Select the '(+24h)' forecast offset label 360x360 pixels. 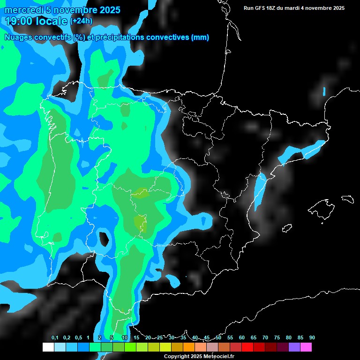(x=81, y=21)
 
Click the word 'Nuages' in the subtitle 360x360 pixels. (x=18, y=37)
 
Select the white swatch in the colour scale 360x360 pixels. (x=48, y=347)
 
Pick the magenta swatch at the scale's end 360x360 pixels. (x=306, y=347)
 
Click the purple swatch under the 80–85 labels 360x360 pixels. (x=294, y=347)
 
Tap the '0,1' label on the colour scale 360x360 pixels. (x=55, y=338)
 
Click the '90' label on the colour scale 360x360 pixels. (x=312, y=338)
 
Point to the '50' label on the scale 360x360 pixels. (x=218, y=338)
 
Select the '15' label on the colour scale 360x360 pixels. (x=136, y=338)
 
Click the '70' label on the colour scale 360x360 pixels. (x=265, y=338)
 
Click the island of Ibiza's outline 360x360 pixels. (x=286, y=228)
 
